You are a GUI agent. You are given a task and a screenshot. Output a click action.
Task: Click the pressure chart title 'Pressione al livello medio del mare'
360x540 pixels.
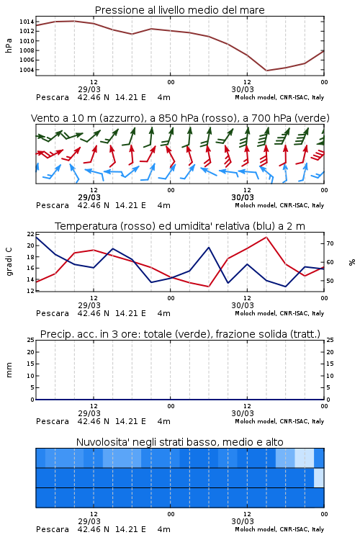[179, 10]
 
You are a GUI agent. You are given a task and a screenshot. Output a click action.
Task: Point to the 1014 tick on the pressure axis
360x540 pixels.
[27, 22]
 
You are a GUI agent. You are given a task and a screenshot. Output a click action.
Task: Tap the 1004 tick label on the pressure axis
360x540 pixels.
[27, 70]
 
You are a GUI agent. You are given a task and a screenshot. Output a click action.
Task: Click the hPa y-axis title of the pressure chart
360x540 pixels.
[9, 45]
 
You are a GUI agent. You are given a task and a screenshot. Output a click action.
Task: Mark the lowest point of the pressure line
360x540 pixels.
[266, 71]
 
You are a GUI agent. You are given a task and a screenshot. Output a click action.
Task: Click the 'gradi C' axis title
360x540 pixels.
[9, 261]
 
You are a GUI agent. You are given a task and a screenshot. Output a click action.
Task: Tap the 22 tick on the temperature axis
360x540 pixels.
[30, 234]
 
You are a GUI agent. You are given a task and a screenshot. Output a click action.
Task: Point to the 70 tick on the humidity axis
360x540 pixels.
[330, 243]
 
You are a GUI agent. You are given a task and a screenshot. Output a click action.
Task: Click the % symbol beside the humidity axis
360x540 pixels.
[352, 262]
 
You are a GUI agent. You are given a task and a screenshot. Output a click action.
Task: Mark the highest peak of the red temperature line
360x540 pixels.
[266, 237]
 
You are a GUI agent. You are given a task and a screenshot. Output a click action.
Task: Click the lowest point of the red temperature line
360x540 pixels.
[208, 287]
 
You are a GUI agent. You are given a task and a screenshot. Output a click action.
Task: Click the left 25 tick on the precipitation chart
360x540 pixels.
[30, 340]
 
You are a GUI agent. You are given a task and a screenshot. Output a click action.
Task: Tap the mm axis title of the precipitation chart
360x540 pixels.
[9, 370]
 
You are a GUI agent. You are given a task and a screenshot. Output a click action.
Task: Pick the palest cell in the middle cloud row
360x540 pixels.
[319, 477]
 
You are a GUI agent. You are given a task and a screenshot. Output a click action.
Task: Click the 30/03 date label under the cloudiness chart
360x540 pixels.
[243, 521]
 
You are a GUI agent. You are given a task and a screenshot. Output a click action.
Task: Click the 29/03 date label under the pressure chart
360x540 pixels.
[89, 89]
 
